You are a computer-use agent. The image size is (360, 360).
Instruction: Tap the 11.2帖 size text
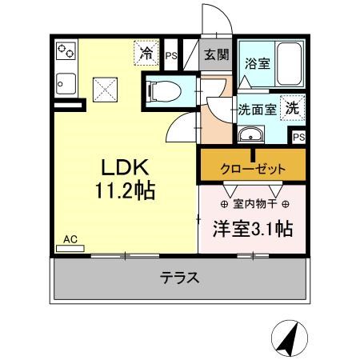point(125,192)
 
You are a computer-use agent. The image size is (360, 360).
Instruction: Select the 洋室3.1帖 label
point(251,229)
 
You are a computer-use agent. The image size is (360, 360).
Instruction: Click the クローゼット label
point(253,169)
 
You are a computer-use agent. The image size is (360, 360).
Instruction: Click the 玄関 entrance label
point(214,55)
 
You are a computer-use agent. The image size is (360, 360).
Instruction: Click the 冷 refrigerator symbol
point(146,54)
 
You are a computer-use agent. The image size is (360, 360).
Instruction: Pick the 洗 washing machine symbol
point(293,106)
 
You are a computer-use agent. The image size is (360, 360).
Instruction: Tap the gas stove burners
point(66,53)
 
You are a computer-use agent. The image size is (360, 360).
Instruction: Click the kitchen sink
point(65,82)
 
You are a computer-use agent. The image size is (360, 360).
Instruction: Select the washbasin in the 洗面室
point(252,134)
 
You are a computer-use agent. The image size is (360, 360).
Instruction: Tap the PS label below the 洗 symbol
point(298,138)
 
